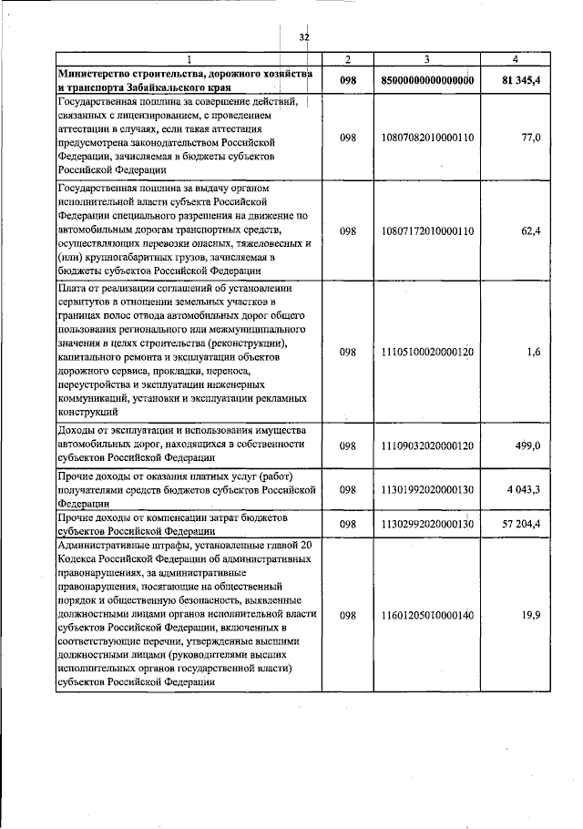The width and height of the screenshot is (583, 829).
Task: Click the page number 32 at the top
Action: tap(304, 37)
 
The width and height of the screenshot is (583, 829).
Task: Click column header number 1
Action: tap(189, 60)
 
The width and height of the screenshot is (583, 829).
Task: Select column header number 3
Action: tap(428, 60)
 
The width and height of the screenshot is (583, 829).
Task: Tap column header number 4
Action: tap(516, 60)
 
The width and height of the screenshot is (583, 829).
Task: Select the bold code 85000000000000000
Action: tap(428, 80)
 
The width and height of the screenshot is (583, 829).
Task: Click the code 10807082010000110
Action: tap(428, 137)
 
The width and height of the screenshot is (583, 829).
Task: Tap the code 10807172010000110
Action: tap(428, 231)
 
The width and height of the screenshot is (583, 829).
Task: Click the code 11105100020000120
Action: tap(428, 352)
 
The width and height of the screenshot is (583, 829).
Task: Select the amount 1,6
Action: tap(534, 352)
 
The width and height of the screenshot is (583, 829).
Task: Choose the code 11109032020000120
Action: tap(428, 445)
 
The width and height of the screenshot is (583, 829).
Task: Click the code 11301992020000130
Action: tap(428, 490)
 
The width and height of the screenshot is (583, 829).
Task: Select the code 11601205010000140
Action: tap(428, 616)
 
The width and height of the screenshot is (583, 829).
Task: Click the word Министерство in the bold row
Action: tap(96, 73)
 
